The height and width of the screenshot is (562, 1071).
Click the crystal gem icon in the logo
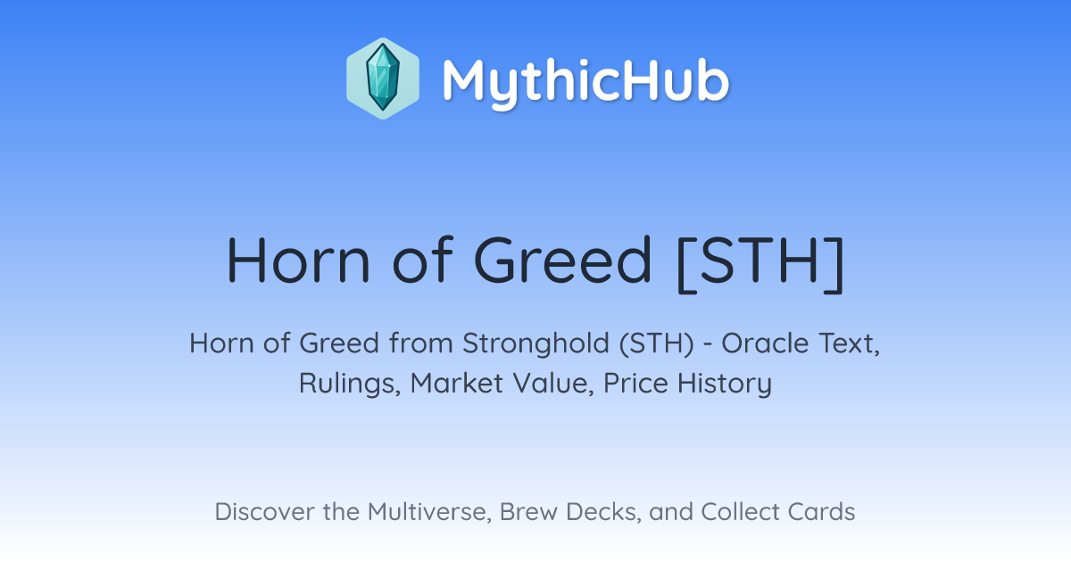383,78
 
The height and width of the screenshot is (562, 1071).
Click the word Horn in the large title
298,260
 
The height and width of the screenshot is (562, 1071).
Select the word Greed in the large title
562,260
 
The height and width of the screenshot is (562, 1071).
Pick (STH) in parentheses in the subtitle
657,343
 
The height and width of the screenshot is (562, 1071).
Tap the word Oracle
766,343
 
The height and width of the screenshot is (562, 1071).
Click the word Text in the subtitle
849,343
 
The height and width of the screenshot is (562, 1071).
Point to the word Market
457,384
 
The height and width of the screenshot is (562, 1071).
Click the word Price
635,384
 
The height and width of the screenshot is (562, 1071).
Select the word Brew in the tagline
528,512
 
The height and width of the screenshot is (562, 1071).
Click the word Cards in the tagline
821,511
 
